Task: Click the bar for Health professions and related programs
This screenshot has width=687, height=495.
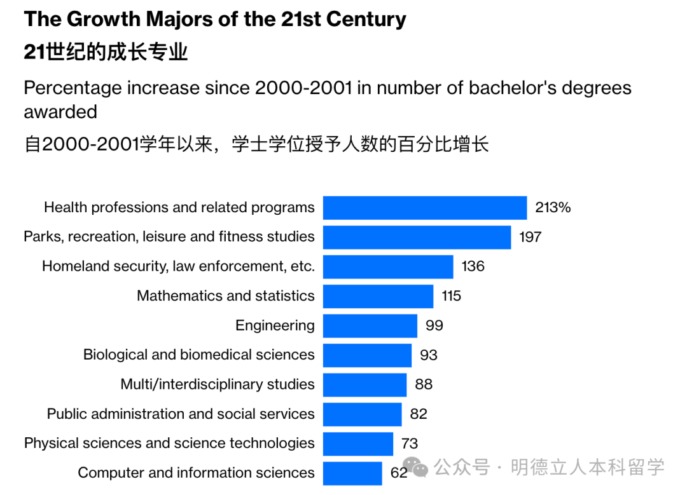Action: point(425,208)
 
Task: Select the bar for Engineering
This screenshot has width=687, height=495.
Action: point(370,326)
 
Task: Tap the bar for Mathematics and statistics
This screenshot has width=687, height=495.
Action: point(378,296)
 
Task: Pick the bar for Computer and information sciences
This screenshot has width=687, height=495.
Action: point(352,473)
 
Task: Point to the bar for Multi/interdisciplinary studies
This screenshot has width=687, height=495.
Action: point(364,384)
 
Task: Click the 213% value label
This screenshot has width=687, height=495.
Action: point(553,208)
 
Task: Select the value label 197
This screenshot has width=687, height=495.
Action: point(530,237)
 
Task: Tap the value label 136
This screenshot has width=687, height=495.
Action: point(473,266)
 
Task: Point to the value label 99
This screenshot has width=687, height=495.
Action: point(434,326)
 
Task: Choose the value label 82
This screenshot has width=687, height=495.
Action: point(419,414)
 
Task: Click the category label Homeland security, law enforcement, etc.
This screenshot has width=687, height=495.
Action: point(178,266)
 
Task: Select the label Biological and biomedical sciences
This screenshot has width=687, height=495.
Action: point(198,355)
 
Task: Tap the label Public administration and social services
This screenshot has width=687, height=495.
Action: point(181,414)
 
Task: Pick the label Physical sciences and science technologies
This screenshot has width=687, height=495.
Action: point(169,444)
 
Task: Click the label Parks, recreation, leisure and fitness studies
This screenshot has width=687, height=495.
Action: point(169,237)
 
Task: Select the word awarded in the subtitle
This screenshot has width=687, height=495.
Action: point(60,112)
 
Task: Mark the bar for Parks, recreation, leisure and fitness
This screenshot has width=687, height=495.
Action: point(417,237)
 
